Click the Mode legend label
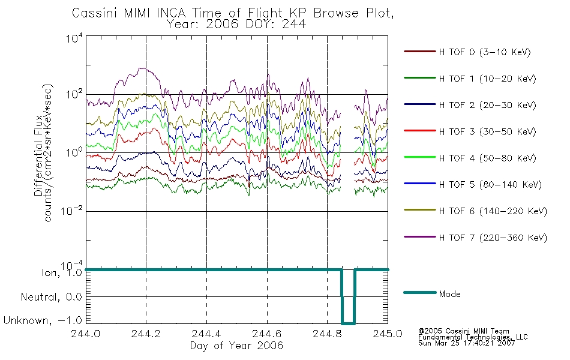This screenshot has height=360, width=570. (x=449, y=294)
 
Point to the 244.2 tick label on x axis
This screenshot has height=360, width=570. (x=146, y=334)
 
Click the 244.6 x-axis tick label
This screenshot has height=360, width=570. (x=267, y=334)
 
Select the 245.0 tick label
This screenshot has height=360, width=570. (x=388, y=334)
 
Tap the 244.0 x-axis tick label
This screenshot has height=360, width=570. (x=85, y=334)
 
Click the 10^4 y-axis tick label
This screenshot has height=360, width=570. (x=74, y=38)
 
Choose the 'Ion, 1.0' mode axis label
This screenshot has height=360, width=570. (x=61, y=272)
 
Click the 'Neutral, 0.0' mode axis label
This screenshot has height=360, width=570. (x=51, y=297)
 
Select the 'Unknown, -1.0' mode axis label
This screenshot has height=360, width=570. (x=43, y=320)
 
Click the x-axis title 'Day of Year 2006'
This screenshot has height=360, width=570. (x=236, y=346)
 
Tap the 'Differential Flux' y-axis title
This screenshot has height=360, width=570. (x=38, y=155)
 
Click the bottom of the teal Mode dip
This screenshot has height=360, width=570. (x=348, y=323)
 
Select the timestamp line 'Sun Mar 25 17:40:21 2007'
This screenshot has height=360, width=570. (x=466, y=343)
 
